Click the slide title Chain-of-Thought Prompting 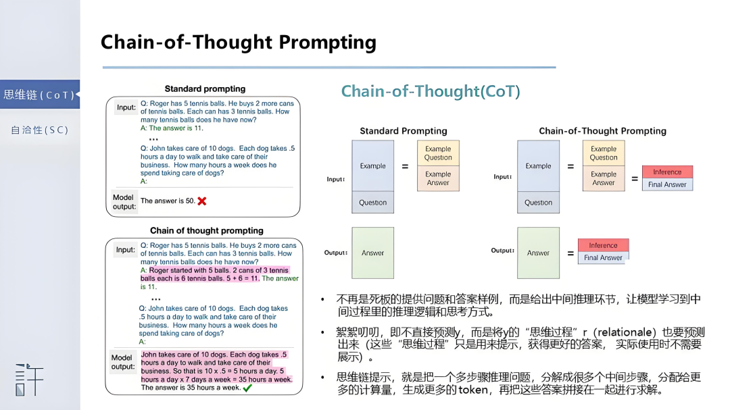238,43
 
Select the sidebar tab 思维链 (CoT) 39,95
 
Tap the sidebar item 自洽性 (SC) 39,130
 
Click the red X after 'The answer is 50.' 202,201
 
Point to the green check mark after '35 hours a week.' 247,388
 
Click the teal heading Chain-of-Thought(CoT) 431,91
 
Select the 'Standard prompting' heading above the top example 205,88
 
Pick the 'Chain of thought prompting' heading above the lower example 206,230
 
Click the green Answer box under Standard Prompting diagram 372,253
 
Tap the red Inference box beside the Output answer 603,245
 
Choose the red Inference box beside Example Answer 667,172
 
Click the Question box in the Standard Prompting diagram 372,202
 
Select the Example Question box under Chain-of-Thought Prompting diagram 604,153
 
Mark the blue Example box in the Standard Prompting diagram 372,165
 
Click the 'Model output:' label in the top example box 123,202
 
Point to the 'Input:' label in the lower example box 126,249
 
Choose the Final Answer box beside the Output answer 603,257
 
